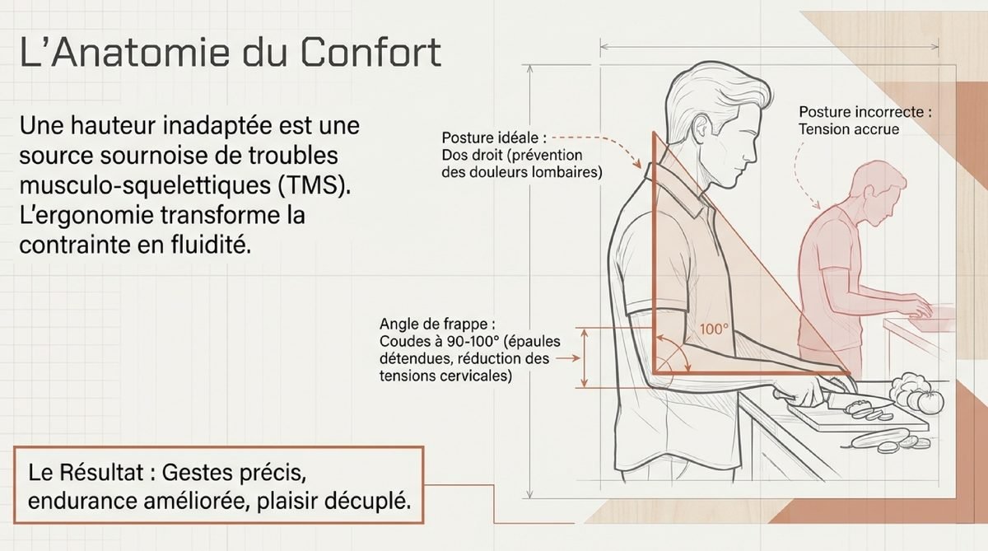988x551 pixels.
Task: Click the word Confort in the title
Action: point(371,52)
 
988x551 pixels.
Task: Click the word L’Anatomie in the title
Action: point(125,52)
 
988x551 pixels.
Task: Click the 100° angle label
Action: point(714,329)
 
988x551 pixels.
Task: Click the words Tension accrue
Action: point(849,129)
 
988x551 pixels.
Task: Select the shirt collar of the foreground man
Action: point(679,189)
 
